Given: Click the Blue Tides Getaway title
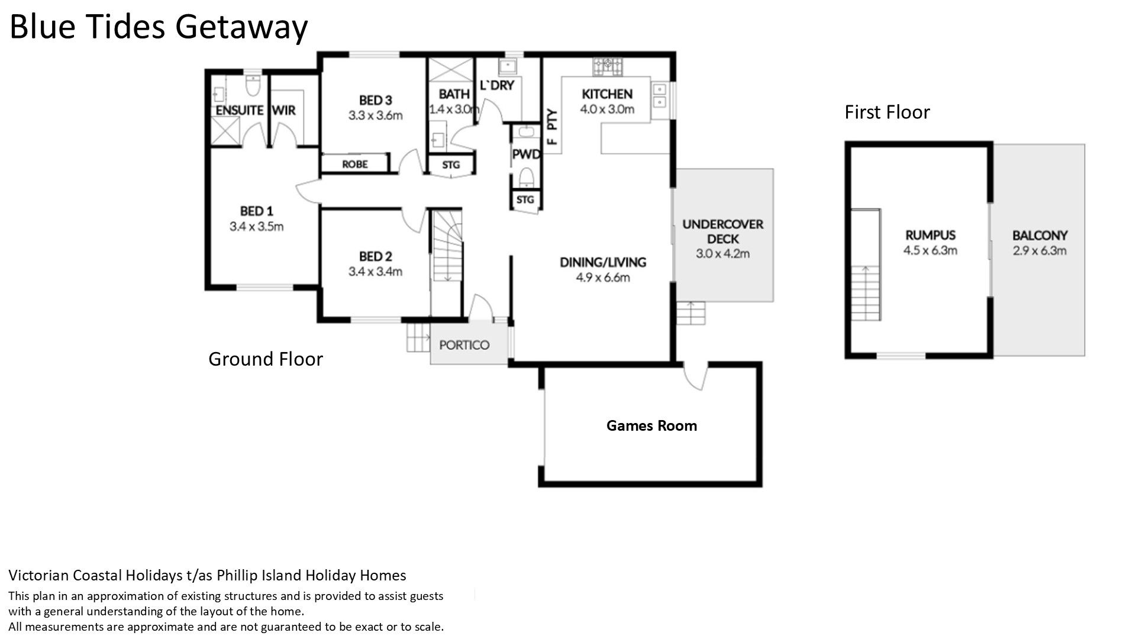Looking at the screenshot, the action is click(x=159, y=27).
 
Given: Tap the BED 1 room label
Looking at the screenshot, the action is click(x=256, y=211).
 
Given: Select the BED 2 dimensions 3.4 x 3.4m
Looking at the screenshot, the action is click(x=375, y=272).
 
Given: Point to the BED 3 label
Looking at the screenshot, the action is click(x=375, y=100).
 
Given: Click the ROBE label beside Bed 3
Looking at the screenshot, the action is click(x=354, y=164).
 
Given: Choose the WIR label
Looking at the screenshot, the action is click(x=284, y=110).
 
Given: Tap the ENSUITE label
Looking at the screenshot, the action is click(x=239, y=110).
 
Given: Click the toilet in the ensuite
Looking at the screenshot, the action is click(x=253, y=86).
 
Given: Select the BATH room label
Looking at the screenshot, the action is click(x=454, y=94).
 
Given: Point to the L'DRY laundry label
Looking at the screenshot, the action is click(x=496, y=85).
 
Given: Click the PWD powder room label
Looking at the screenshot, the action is click(x=526, y=154).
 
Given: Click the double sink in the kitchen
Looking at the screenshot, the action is click(x=659, y=96).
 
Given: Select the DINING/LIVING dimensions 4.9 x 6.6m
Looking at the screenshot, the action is click(x=603, y=277).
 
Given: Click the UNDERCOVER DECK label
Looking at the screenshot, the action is click(x=722, y=231).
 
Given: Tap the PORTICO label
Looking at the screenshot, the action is click(x=464, y=345).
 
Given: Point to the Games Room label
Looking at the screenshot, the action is click(x=651, y=425).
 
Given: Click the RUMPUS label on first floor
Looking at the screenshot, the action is click(x=930, y=235).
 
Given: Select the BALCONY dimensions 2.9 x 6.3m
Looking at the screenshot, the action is click(x=1040, y=250).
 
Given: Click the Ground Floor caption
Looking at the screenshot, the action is click(x=266, y=359).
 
